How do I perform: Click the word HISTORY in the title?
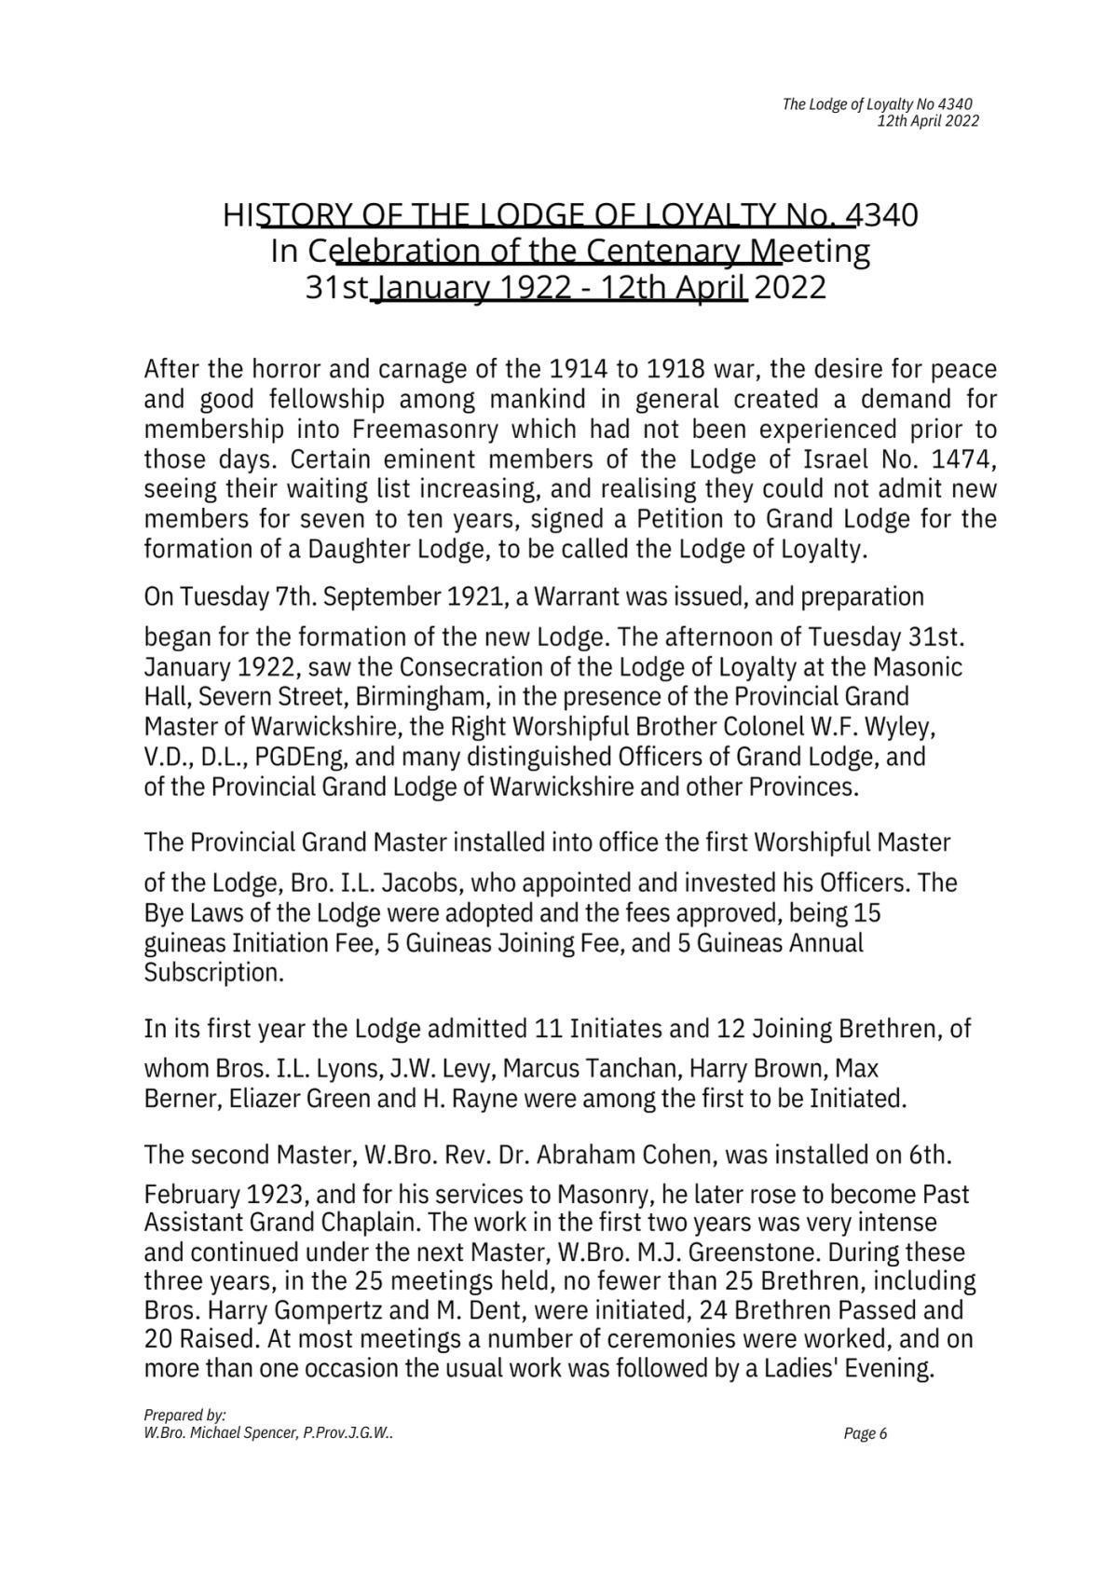pos(281,215)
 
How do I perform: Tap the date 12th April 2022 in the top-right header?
pos(928,121)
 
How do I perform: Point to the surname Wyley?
pos(894,727)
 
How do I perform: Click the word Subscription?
pos(212,973)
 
